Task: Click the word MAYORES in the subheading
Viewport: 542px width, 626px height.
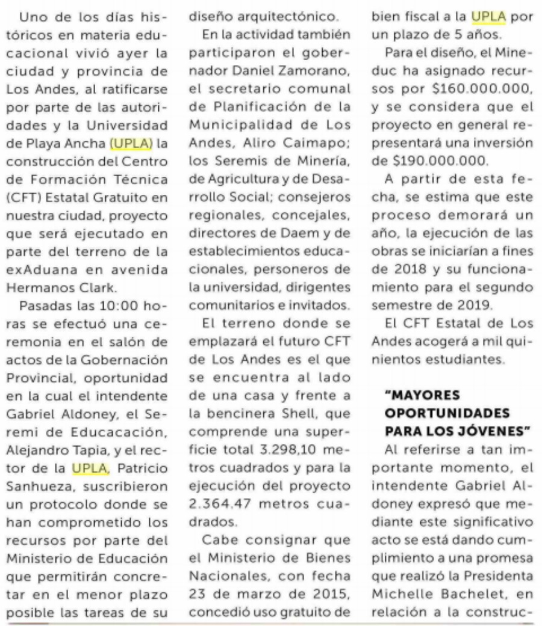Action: coord(416,395)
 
